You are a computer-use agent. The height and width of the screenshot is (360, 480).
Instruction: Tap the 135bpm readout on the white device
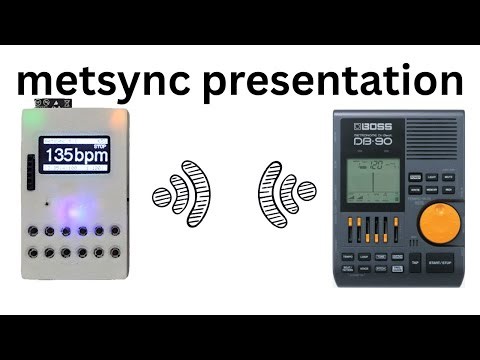[x=76, y=156]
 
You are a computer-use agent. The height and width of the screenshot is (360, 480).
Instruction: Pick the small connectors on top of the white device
[x=45, y=103]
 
